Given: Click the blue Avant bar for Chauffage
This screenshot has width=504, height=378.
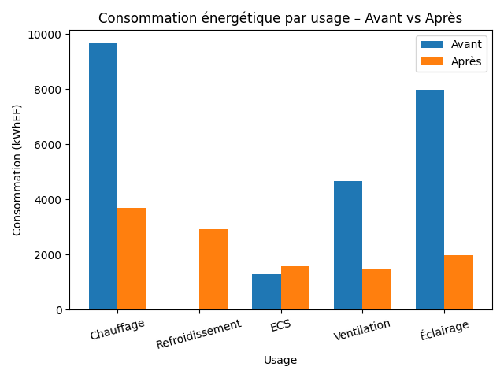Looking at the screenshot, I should point(103,176).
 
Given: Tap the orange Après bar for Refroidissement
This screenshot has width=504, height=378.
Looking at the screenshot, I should point(213,269).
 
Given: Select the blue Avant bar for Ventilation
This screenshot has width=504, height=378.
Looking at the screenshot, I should point(348,245).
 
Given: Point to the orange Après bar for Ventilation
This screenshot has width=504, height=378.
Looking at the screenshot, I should point(376,289).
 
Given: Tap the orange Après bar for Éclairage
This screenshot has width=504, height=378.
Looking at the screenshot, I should point(458,282).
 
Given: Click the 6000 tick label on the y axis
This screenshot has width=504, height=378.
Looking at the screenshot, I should point(50,145).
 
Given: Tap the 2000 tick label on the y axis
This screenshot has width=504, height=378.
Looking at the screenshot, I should point(50,255).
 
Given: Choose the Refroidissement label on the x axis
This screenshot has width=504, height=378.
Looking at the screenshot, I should point(198,334).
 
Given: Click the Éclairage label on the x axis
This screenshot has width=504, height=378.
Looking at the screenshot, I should point(444,330).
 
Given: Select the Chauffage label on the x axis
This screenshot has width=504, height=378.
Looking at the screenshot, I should point(117,329).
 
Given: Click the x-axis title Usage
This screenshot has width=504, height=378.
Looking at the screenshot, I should point(280,361).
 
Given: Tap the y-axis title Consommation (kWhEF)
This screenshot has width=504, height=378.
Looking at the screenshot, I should point(17,170).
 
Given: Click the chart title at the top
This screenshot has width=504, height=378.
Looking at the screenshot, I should point(280,18).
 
